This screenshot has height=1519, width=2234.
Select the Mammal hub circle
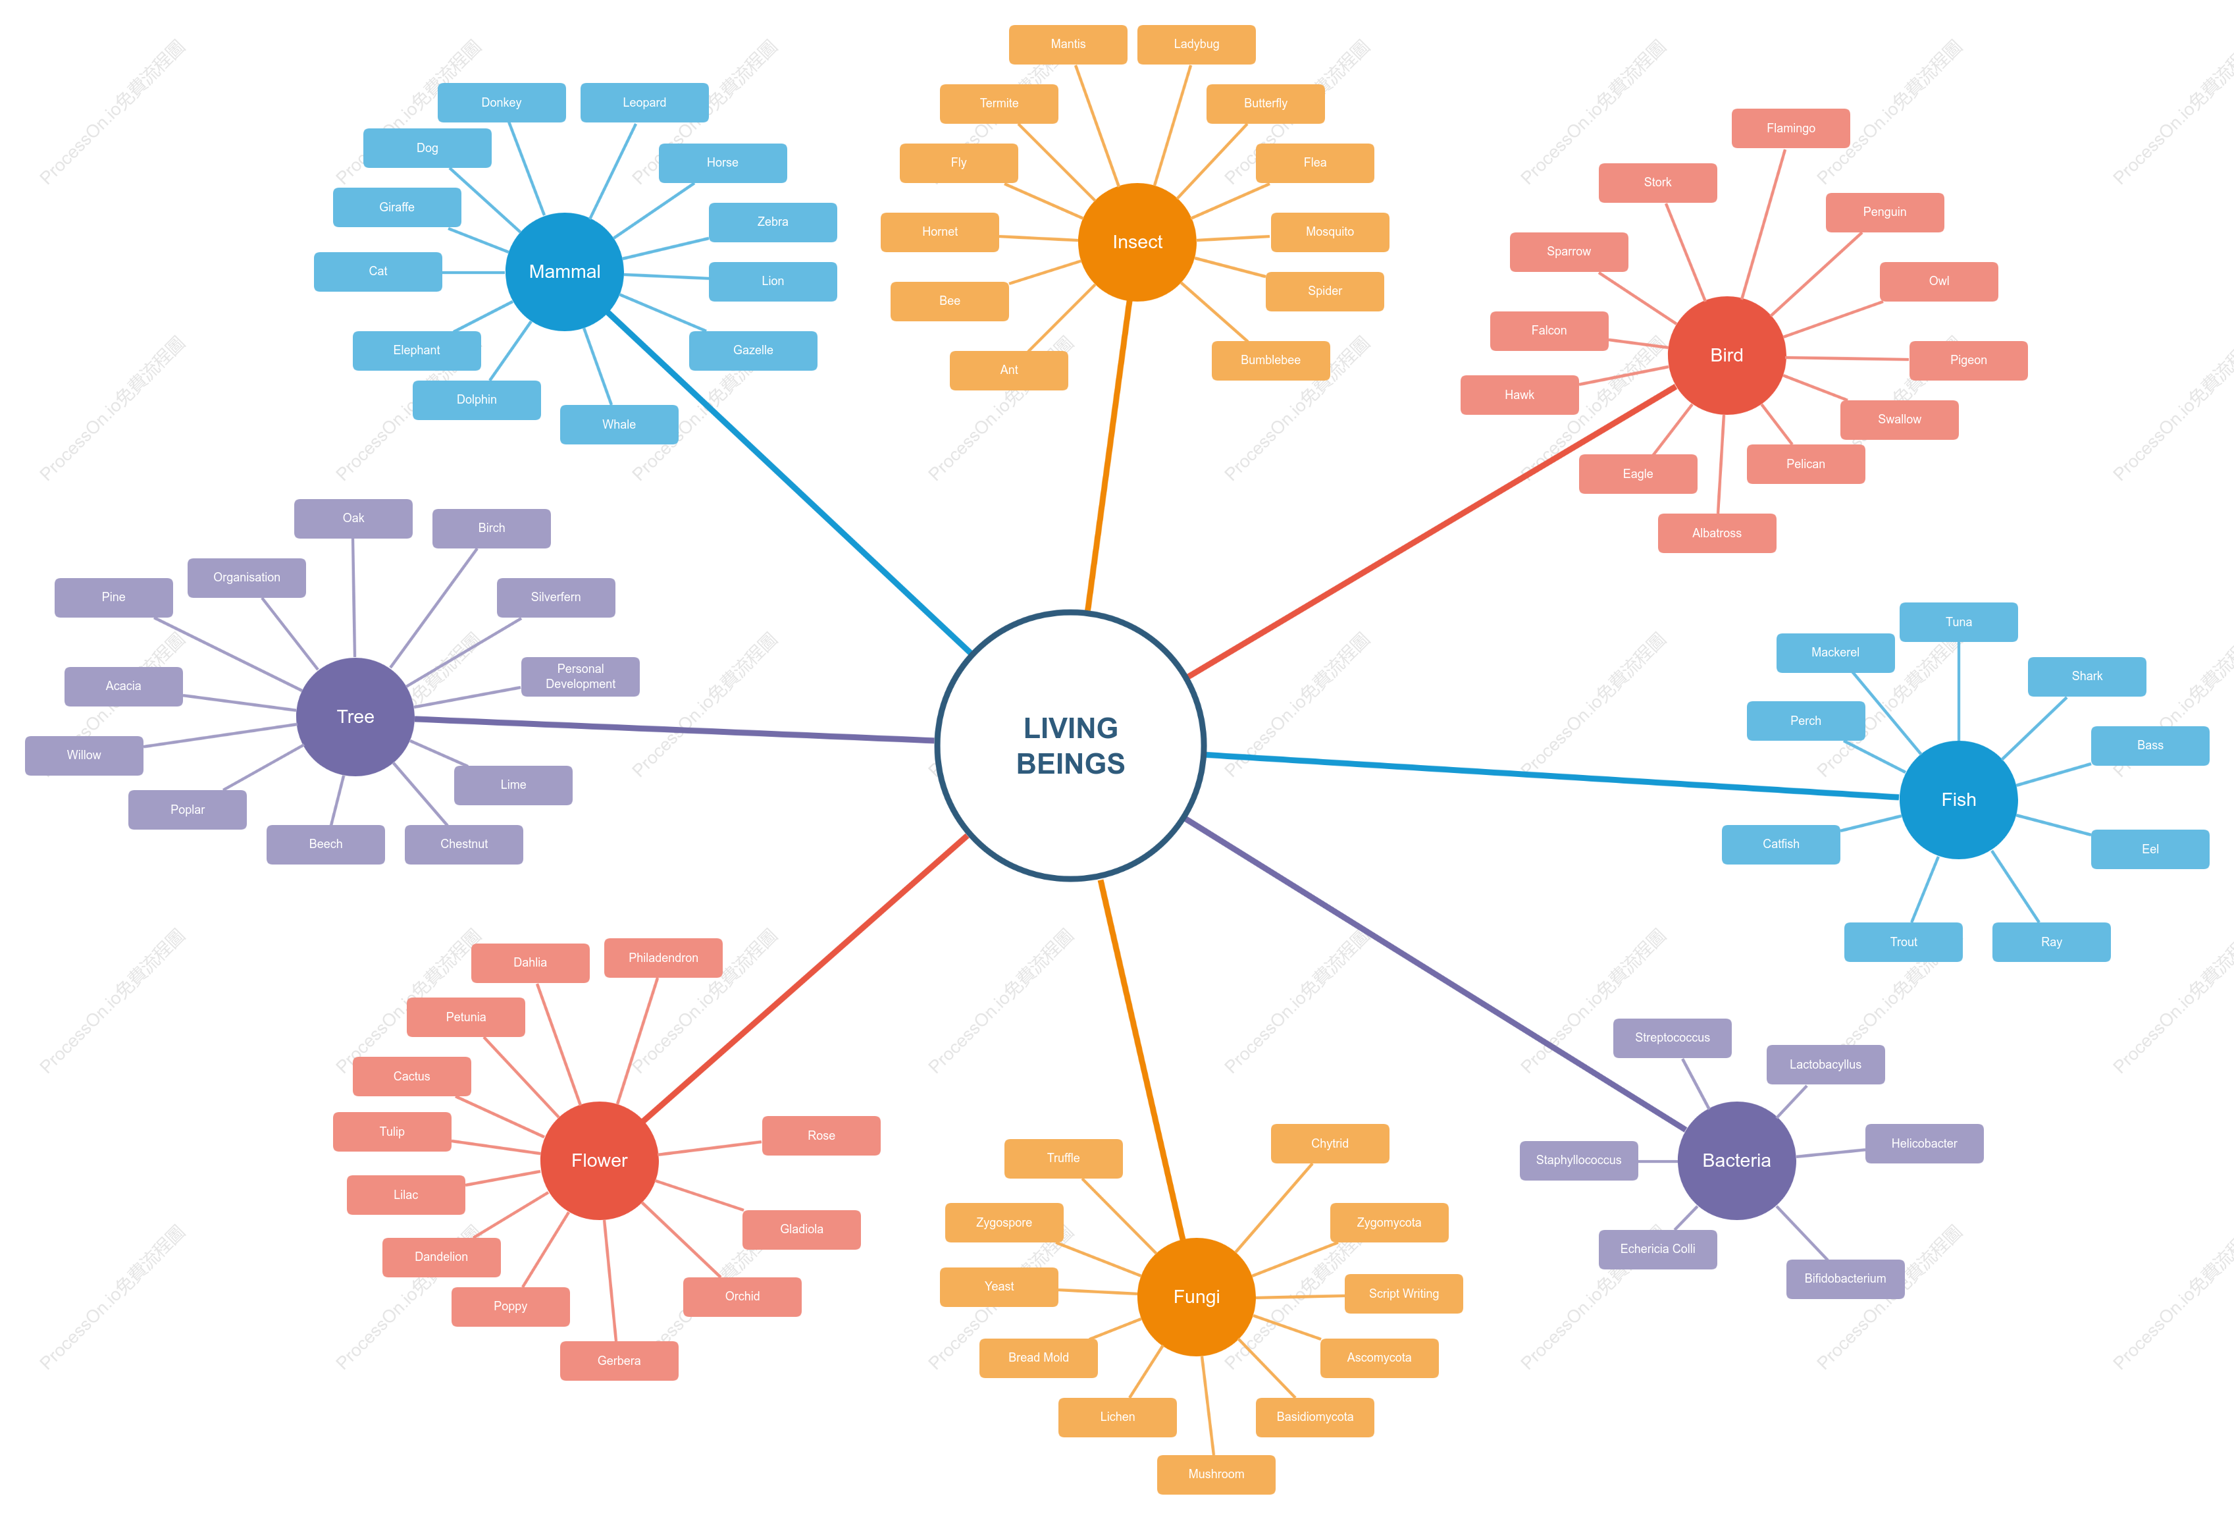coord(564,272)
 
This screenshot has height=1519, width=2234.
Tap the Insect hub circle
coord(1137,242)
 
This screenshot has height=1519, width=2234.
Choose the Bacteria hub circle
coord(1736,1160)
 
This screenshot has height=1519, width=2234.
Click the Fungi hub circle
coord(1196,1297)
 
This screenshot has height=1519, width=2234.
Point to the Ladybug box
coord(1196,44)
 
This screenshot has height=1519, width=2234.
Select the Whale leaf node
coord(619,424)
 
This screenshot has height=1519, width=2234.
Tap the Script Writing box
coord(1403,1293)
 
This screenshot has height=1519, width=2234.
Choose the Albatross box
coord(1717,533)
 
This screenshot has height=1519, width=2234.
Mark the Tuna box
coord(1958,622)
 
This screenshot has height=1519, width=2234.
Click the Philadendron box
coord(663,957)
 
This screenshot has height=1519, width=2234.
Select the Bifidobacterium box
coord(1845,1279)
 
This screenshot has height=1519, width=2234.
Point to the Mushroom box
coord(1216,1474)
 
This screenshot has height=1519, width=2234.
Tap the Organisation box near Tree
coord(247,578)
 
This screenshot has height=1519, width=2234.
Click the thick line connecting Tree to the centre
coord(675,730)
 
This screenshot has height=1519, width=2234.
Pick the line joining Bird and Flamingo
coord(1763,223)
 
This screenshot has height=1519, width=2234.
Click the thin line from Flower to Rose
coord(710,1148)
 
